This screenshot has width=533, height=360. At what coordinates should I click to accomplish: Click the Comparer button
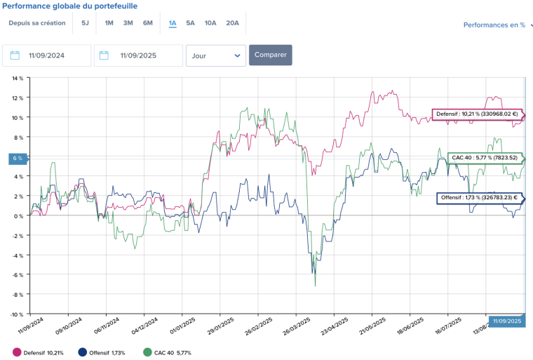(270, 55)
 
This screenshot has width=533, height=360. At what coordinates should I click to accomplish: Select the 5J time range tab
(85, 22)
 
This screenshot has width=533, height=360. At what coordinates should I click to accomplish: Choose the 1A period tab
(173, 22)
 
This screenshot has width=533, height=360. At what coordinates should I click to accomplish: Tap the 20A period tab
(232, 22)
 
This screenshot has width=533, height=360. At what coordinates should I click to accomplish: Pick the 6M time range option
(148, 22)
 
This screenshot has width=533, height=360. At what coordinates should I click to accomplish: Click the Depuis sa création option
(37, 22)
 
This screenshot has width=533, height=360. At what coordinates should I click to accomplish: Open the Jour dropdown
(216, 55)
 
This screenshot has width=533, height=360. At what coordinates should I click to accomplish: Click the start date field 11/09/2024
(47, 55)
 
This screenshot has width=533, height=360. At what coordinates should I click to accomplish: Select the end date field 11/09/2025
(138, 55)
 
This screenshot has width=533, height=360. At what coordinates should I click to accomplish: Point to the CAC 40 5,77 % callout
(485, 158)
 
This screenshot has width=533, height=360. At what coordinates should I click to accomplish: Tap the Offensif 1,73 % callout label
(479, 198)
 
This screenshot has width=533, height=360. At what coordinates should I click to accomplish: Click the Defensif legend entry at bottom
(39, 352)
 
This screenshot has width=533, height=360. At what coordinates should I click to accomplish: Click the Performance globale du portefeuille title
(69, 6)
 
